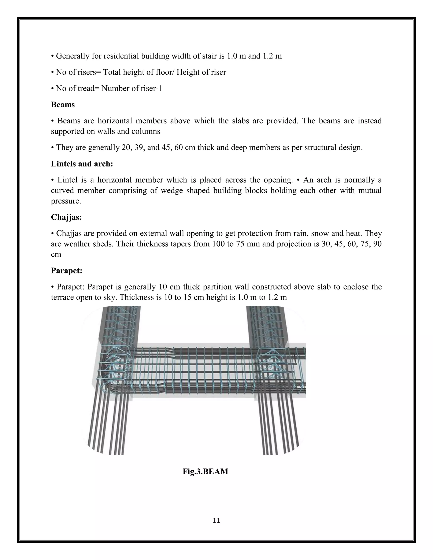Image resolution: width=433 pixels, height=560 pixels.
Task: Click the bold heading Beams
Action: tap(63, 105)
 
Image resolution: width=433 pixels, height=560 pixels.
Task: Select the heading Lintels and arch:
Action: tap(82, 164)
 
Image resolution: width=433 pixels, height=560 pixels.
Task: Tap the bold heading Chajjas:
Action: tap(66, 217)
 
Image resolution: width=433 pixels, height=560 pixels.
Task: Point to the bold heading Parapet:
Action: tap(66, 270)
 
